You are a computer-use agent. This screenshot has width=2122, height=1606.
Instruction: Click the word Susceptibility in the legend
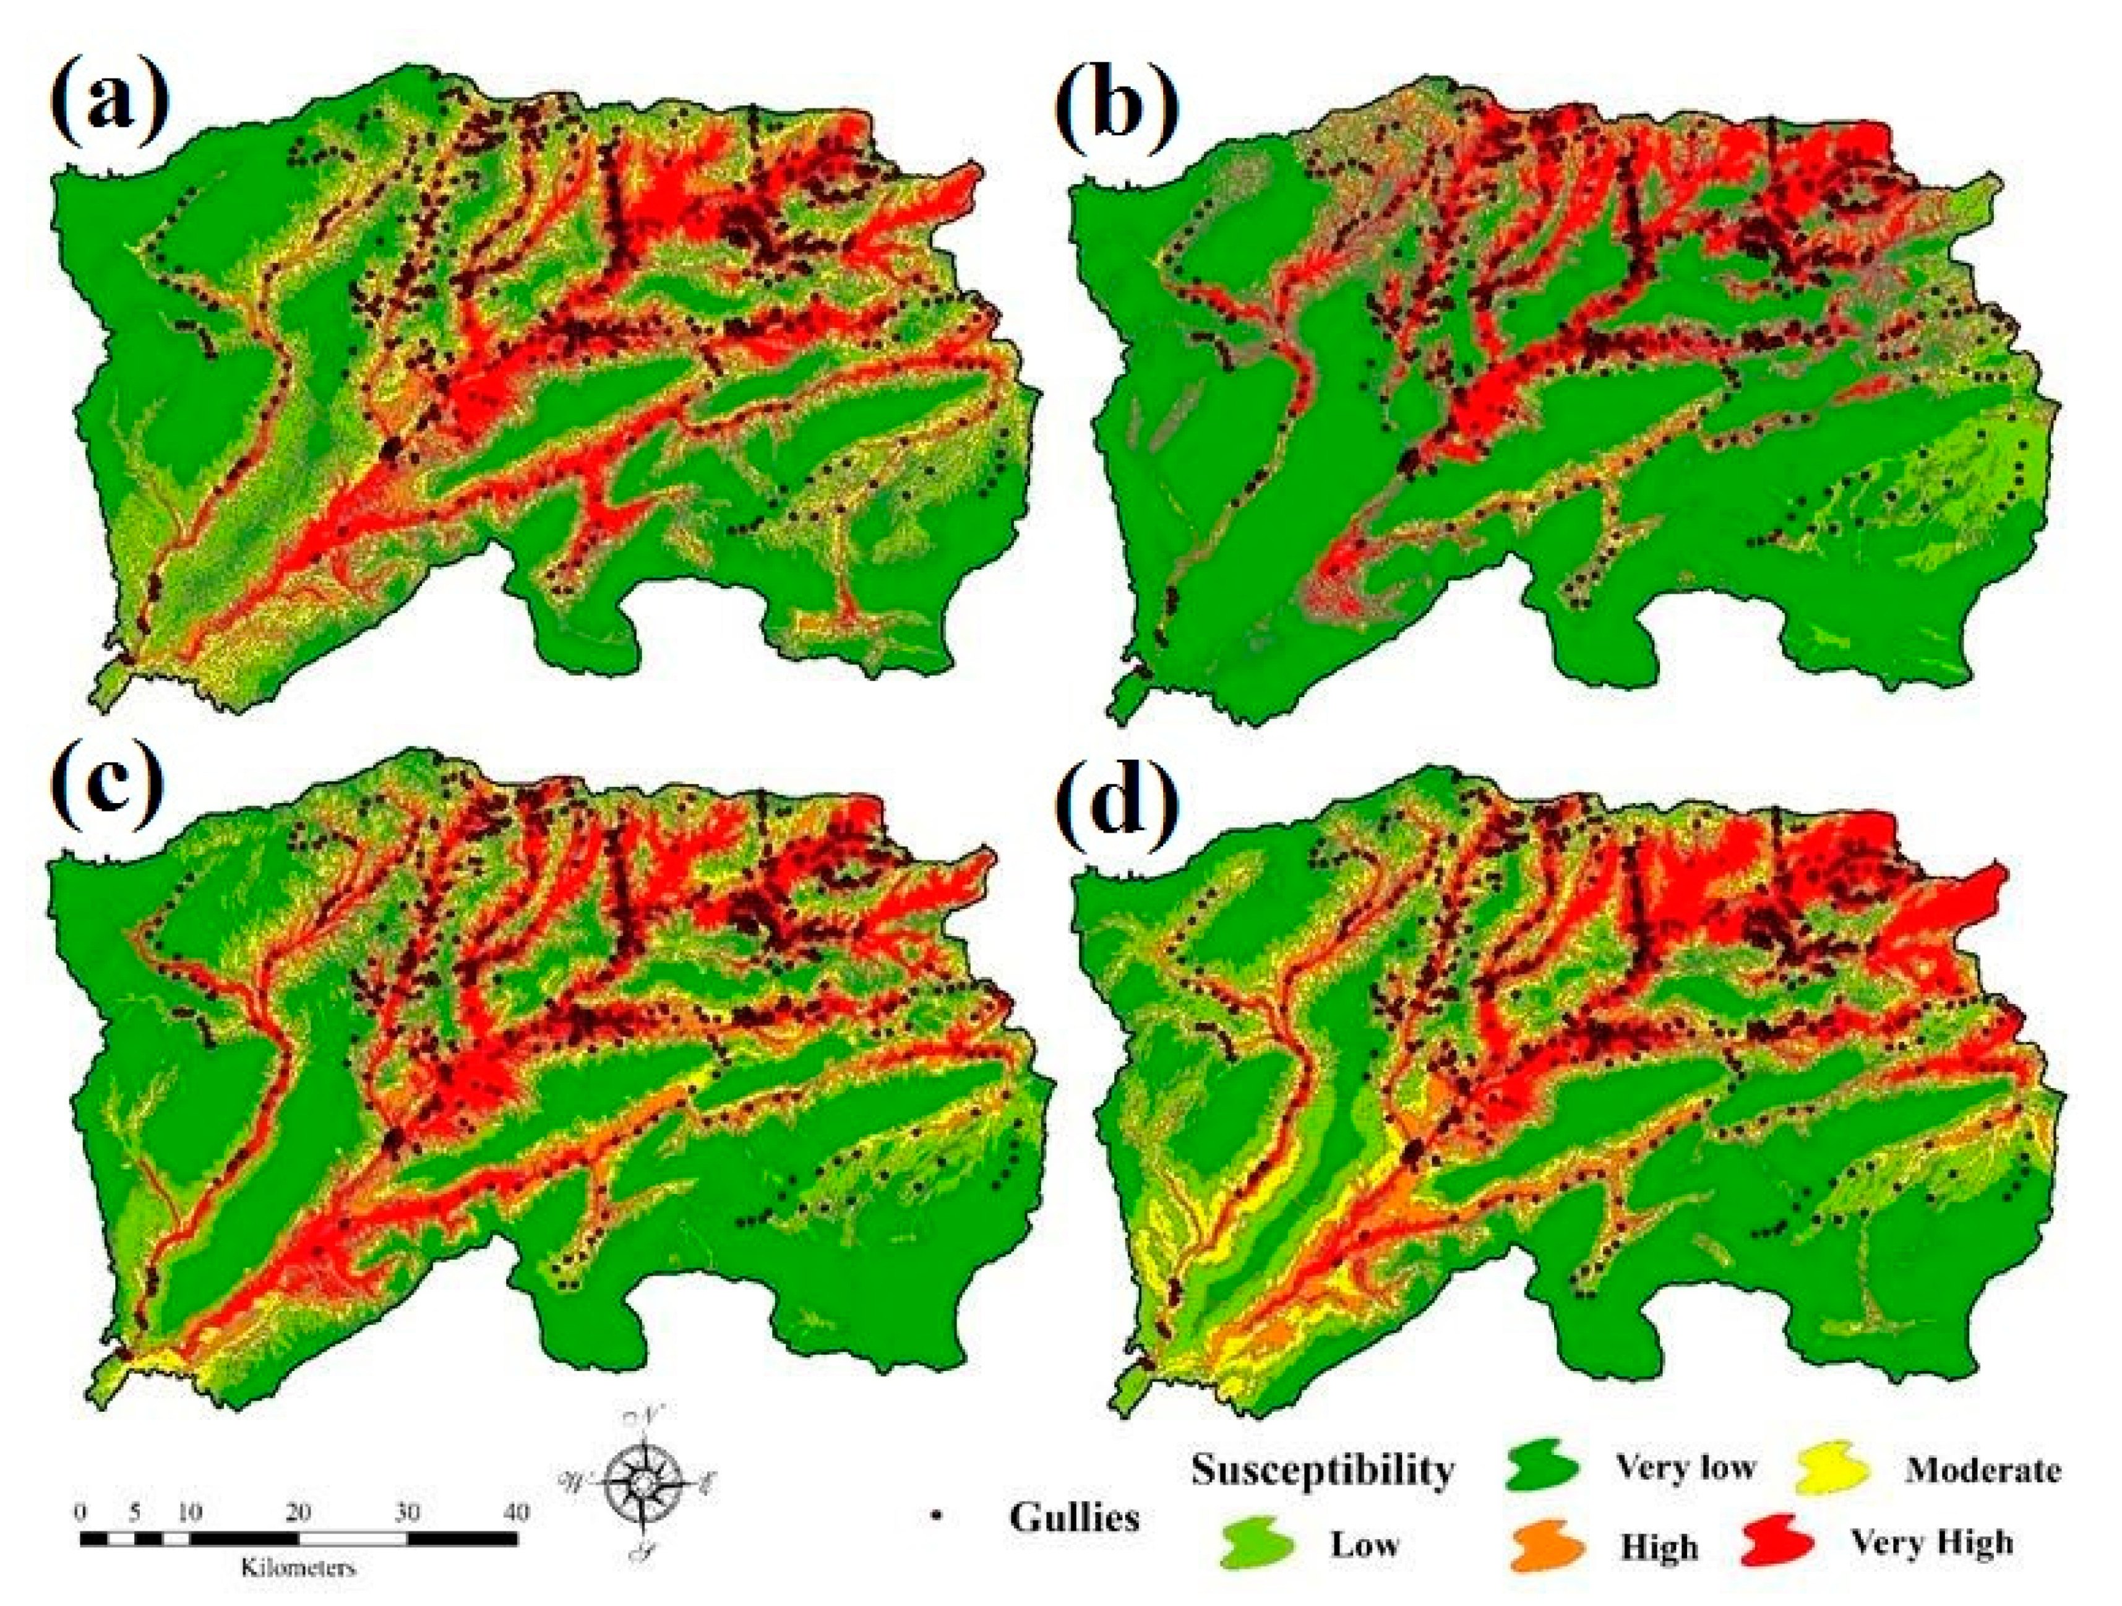click(1322, 1469)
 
